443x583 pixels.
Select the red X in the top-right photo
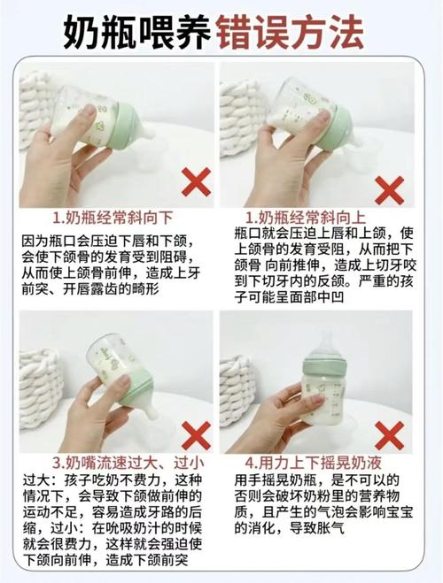389,189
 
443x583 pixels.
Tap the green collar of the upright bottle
324,364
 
